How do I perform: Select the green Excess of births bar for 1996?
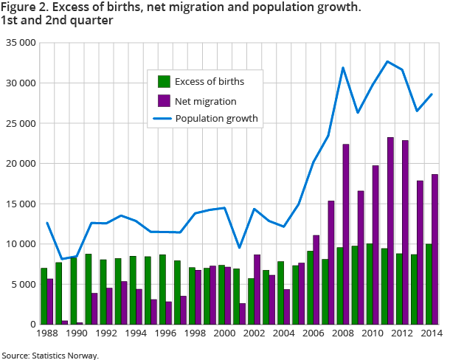click(x=162, y=290)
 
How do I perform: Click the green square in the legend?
click(x=165, y=82)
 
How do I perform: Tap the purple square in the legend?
click(x=165, y=100)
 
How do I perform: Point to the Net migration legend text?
click(x=210, y=100)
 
